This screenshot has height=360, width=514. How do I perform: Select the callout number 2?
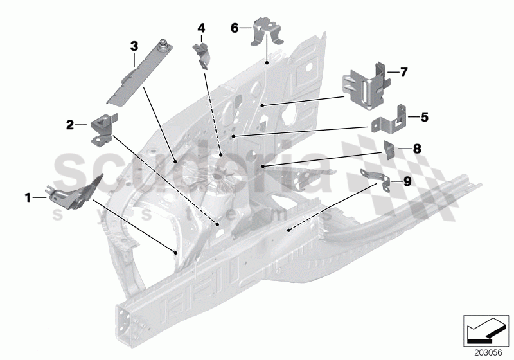click(x=70, y=125)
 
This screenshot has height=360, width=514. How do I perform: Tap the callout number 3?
click(x=134, y=46)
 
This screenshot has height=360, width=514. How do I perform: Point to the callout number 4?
click(x=201, y=28)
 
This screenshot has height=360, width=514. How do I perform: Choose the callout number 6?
click(x=235, y=28)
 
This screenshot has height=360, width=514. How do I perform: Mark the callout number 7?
click(x=403, y=72)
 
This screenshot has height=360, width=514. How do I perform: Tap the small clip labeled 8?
click(x=391, y=149)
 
